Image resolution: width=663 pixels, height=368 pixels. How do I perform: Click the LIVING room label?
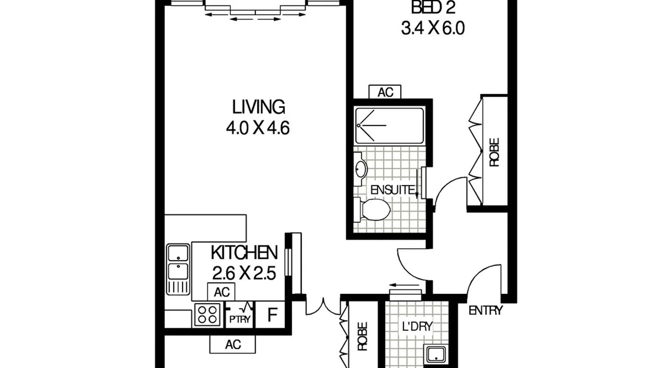[x=259, y=107]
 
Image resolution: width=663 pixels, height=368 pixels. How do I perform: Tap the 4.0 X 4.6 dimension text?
[x=258, y=128]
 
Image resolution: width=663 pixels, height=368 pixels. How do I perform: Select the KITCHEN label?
[x=244, y=253]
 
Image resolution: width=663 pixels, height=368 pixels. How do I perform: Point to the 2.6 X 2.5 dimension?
[x=244, y=273]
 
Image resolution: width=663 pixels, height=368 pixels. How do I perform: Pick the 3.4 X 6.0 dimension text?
[x=433, y=28]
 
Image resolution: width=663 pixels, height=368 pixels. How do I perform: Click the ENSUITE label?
[x=393, y=190]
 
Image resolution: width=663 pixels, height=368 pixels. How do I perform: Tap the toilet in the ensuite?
[x=372, y=210]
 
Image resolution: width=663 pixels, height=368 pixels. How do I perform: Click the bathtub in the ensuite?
[x=390, y=125]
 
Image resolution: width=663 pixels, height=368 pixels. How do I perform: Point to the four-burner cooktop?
[x=207, y=314]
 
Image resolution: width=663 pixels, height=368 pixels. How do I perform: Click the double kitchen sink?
[x=178, y=269]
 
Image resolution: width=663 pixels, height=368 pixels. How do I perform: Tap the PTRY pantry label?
[x=240, y=319]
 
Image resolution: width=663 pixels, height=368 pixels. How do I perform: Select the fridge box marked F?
[x=272, y=315]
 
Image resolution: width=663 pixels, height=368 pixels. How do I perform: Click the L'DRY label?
[x=417, y=326]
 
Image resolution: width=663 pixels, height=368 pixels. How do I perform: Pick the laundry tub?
[x=436, y=354]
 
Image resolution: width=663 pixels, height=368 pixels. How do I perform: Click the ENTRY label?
[x=485, y=311]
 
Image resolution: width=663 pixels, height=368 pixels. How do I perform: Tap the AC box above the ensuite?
[x=385, y=92]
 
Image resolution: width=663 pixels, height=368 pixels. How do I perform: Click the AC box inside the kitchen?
[x=221, y=292]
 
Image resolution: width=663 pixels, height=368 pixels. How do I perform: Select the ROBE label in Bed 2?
[x=494, y=152]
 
